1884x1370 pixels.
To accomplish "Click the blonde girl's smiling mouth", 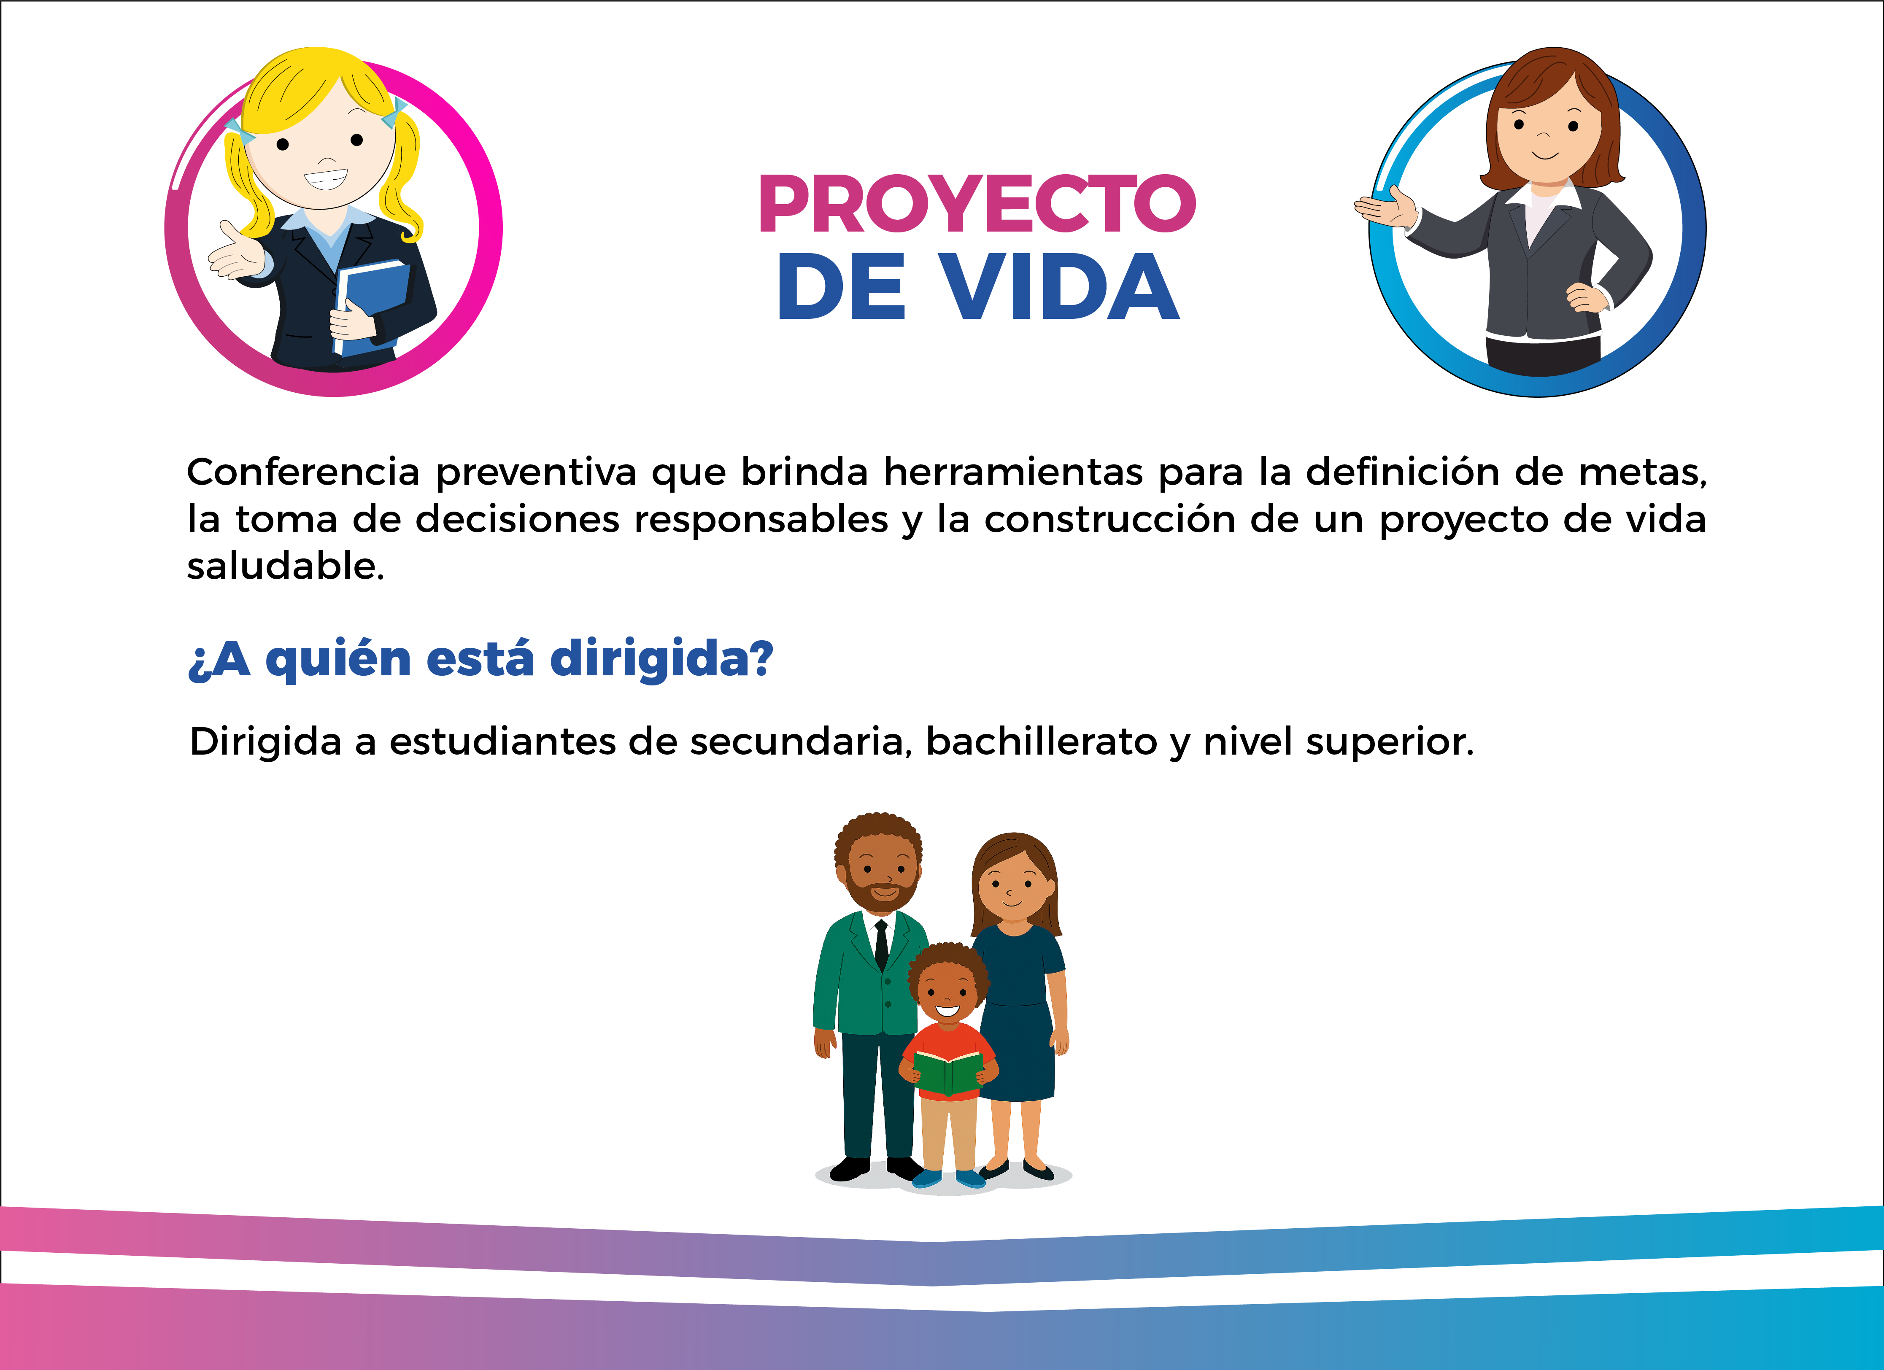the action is [326, 178].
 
